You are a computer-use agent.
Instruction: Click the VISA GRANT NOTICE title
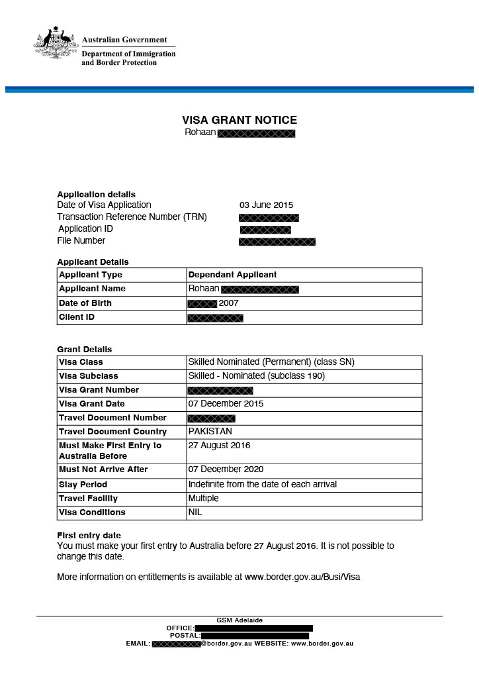[239, 120]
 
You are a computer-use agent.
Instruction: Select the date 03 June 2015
[266, 205]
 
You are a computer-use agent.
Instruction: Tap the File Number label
[81, 240]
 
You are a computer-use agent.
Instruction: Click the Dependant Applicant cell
[232, 274]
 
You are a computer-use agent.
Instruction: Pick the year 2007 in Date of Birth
[228, 303]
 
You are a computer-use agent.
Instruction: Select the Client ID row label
[77, 317]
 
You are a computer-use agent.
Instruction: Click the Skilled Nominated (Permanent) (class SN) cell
[262, 362]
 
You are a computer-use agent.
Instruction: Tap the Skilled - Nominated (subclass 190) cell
[256, 376]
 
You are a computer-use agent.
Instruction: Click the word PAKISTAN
[210, 432]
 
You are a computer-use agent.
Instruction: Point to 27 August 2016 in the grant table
[219, 445]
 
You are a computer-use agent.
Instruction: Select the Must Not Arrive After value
[226, 469]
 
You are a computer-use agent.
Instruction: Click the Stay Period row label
[83, 484]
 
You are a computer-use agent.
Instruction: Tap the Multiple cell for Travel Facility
[203, 498]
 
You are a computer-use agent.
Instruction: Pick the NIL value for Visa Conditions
[195, 512]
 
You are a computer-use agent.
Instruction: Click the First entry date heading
[89, 535]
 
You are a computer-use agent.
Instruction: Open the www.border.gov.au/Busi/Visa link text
[302, 577]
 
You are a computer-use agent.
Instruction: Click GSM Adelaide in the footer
[239, 620]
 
